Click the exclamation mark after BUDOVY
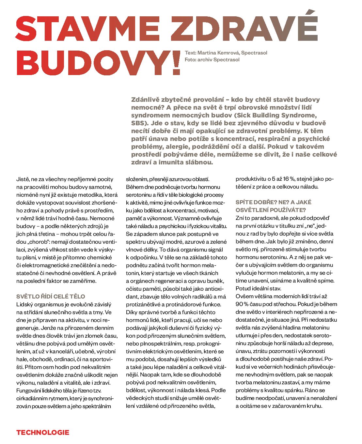pos(176,63)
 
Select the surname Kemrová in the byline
pos(227,53)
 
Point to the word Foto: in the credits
pos(190,60)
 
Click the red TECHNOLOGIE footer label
pos(43,433)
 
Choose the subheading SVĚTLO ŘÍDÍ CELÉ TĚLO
pos(51,297)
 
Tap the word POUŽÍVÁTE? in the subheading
pos(289,210)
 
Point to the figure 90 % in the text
pos(242,304)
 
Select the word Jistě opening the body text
pos(23,179)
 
